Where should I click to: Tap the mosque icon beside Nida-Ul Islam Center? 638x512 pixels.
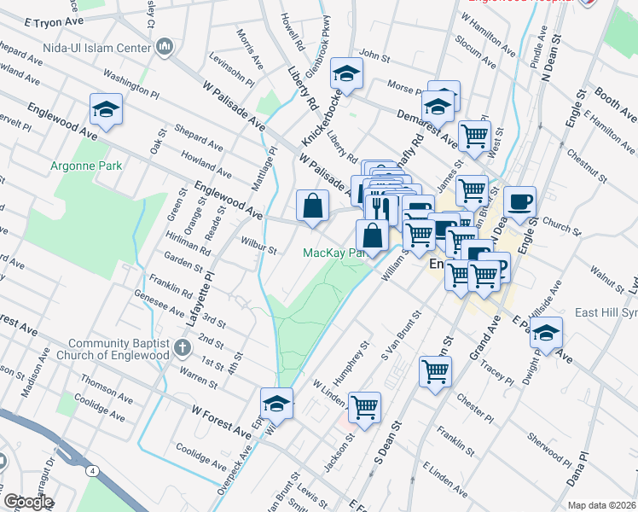click(x=165, y=46)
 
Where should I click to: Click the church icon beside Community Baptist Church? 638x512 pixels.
click(x=182, y=347)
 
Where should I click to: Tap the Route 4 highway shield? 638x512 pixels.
click(x=90, y=470)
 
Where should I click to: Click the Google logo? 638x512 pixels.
click(x=27, y=502)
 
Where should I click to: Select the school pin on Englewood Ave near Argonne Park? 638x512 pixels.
click(x=106, y=109)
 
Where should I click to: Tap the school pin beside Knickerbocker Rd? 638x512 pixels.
click(x=346, y=74)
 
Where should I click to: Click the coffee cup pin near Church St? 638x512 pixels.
click(x=519, y=202)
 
